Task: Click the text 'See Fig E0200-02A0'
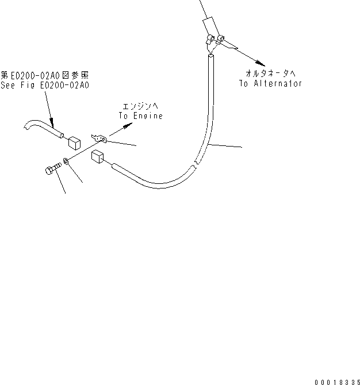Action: tap(45, 86)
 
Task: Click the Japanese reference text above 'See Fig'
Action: tap(45, 75)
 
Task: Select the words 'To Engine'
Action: tap(141, 115)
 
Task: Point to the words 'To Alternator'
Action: tap(270, 83)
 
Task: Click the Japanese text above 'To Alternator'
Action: tap(271, 74)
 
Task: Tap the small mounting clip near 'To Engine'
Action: tap(99, 138)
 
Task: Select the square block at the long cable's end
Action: tap(97, 157)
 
